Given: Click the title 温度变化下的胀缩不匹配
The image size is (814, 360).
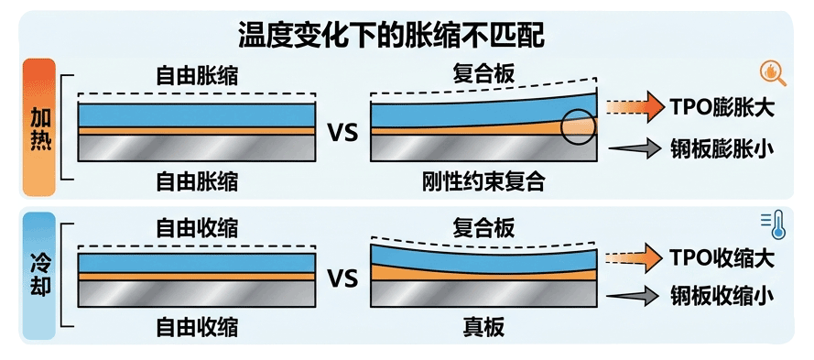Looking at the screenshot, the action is coord(391,36).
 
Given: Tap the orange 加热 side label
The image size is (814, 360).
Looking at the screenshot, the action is coord(39,126).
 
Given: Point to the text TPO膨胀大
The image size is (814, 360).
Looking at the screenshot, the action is coord(722,109).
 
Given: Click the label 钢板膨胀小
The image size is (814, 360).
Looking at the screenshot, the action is coord(722,149).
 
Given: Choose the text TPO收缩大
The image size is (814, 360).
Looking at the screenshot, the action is coord(722,258).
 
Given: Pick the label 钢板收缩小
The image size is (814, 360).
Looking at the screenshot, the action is coord(722,296).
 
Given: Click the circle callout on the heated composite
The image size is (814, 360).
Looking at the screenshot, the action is coord(561,127).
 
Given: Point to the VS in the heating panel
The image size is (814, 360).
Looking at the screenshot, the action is coord(342,134).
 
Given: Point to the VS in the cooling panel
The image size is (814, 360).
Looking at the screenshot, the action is coord(342,279).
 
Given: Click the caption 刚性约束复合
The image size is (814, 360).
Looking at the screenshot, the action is coord(483,181).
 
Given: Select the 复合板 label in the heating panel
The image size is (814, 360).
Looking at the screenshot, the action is coord(483,74).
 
